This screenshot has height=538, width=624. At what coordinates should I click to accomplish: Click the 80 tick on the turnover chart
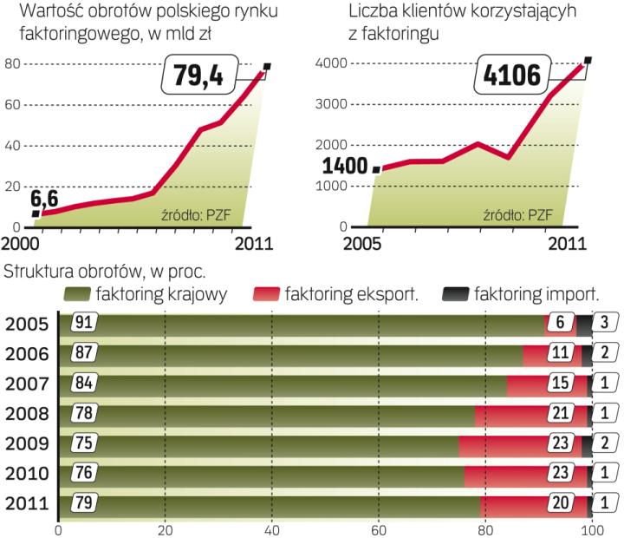point(12,63)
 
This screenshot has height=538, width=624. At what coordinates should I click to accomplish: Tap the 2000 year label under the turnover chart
point(22,245)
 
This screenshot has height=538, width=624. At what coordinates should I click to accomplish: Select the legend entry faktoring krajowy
point(162,295)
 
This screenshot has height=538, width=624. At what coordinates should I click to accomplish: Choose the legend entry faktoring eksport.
point(351,295)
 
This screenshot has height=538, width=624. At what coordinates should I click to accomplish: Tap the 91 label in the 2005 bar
point(84,323)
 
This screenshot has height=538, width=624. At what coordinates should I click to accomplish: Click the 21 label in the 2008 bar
point(561,414)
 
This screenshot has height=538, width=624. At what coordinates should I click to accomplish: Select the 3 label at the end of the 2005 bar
point(606,323)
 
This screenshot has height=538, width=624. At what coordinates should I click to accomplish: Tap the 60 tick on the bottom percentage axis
point(378,528)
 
